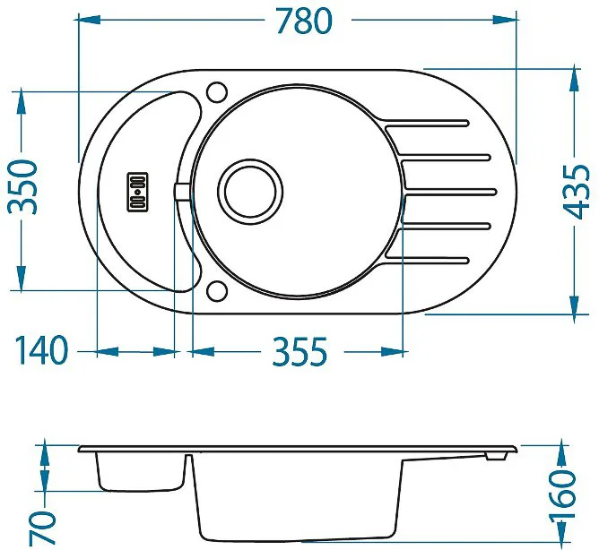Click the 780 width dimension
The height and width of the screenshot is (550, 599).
coord(305,21)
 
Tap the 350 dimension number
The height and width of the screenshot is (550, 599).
coord(23,187)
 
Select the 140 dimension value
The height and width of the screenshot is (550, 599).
coord(41,350)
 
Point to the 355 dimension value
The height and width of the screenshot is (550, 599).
coord(299,351)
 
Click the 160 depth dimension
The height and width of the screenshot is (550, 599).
coord(562,494)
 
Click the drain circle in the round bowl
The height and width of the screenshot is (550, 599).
coord(250,191)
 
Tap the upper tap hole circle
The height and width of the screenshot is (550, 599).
coord(217,92)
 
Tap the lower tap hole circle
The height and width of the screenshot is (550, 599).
coord(217,291)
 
